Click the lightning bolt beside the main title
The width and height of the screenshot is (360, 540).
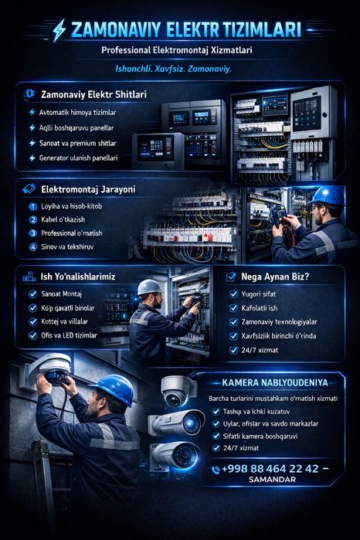[x=59, y=30]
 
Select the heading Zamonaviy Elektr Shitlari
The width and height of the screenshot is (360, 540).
[x=93, y=94]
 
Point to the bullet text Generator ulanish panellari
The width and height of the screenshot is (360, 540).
[x=78, y=158]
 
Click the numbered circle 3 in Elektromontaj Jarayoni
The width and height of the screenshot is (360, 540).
[x=33, y=233]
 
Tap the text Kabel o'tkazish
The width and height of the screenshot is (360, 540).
[x=63, y=219]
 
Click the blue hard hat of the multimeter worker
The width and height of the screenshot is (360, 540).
[x=328, y=195]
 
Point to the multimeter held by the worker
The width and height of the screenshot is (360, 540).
[x=280, y=216]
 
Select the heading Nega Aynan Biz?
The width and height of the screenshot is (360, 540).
[x=275, y=277]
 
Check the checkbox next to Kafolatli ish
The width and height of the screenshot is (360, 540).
[x=233, y=308]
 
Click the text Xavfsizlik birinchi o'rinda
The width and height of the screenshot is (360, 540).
[x=278, y=336]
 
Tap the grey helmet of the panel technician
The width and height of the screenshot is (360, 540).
[x=149, y=287]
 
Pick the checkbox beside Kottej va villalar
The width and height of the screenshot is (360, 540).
[x=32, y=321]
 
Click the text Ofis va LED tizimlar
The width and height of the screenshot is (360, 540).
[x=69, y=335]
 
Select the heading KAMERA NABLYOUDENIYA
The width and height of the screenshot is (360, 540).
[x=274, y=382]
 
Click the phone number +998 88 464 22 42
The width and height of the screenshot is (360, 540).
[x=270, y=468]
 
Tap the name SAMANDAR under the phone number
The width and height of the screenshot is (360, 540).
[x=272, y=480]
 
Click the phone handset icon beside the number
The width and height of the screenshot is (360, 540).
[x=216, y=470]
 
